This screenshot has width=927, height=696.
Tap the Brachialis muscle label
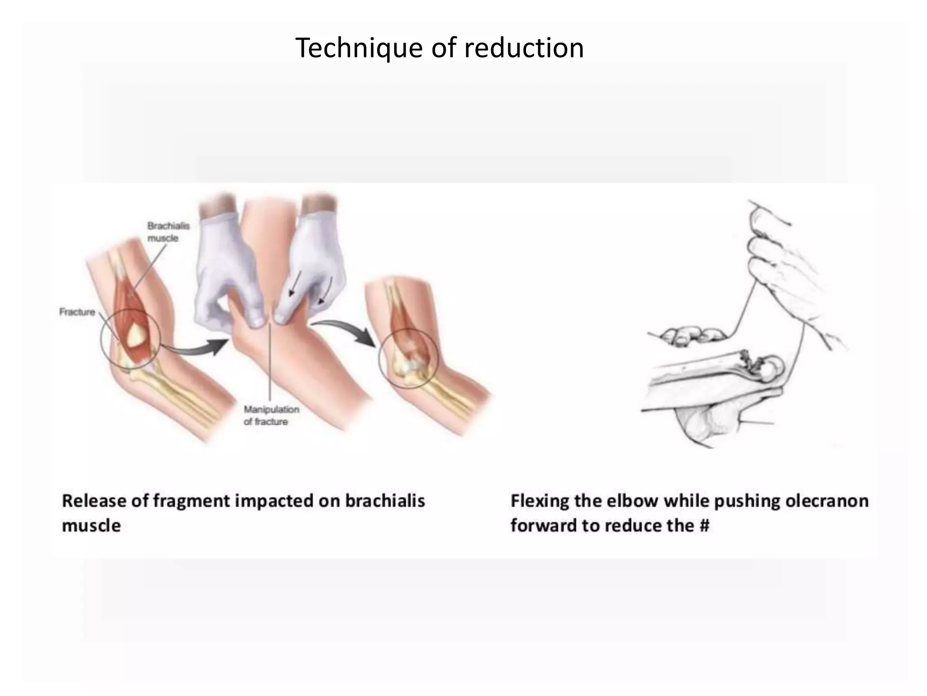168,232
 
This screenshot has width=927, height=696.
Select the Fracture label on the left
77,312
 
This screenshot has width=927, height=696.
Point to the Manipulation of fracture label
271,416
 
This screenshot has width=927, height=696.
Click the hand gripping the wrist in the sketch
769,254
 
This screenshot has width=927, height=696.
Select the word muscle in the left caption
91,526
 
